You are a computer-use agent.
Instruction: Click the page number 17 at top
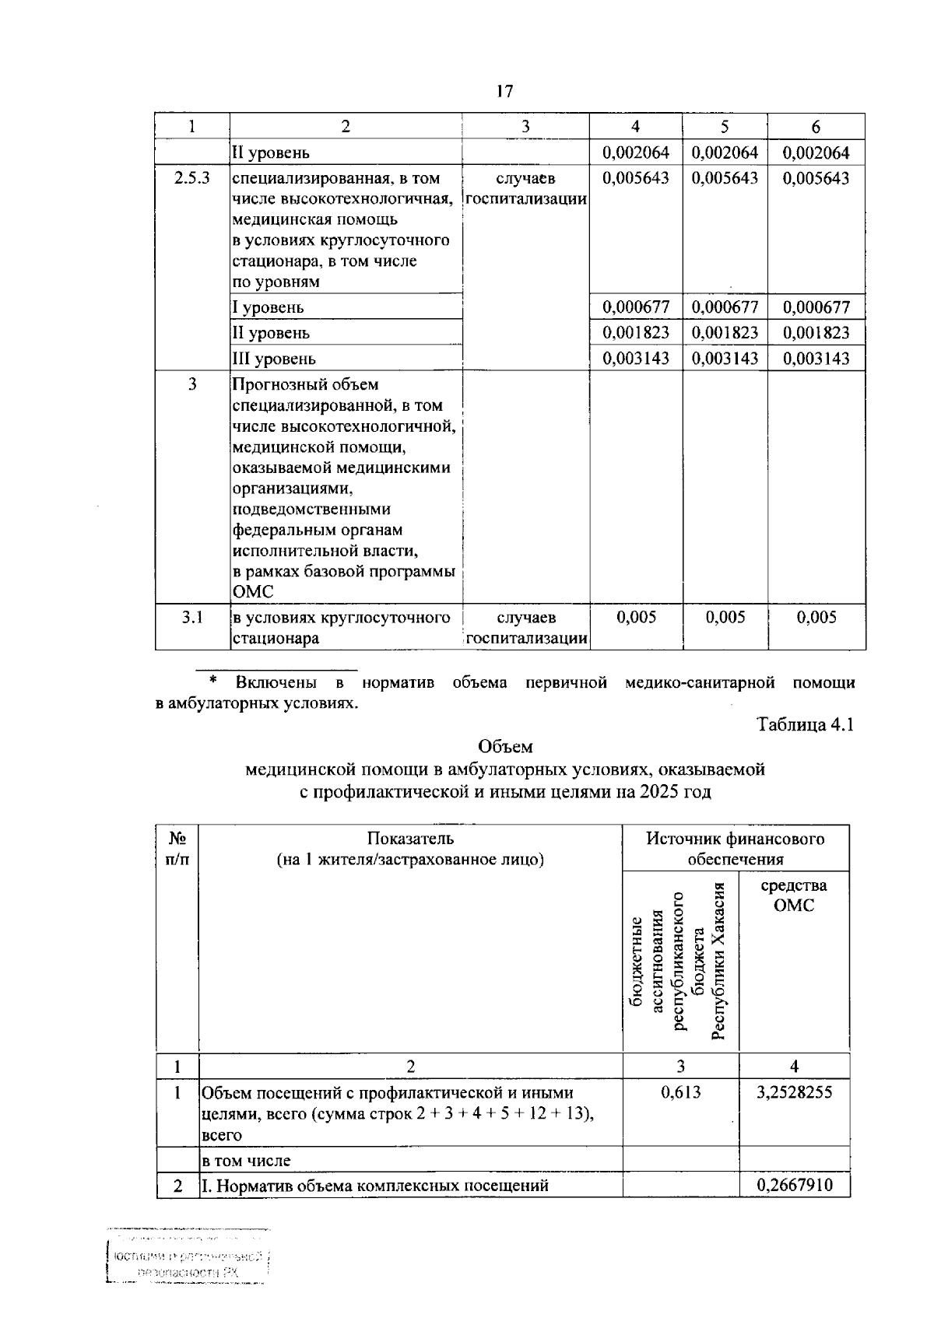point(504,92)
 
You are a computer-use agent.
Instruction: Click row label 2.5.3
point(191,177)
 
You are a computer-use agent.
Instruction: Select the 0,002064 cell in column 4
point(636,152)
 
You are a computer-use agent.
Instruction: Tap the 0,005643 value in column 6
point(816,177)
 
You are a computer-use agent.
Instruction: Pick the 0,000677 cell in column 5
point(725,307)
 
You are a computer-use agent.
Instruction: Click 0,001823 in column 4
point(636,333)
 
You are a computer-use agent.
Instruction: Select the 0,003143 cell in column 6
point(816,359)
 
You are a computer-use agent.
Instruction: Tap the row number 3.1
point(191,618)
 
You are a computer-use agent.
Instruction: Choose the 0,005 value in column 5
point(725,618)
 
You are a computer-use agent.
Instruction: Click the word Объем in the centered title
point(505,747)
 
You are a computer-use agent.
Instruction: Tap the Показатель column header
point(410,839)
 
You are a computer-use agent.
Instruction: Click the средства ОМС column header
point(793,895)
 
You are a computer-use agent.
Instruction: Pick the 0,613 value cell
point(680,1092)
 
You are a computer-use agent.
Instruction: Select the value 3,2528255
point(793,1092)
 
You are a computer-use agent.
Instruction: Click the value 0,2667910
point(793,1186)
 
